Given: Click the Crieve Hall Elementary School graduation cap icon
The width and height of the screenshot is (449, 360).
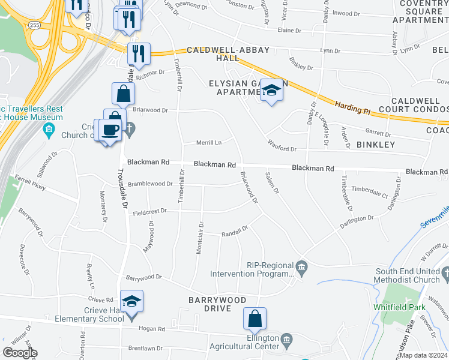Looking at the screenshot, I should pos(132,301).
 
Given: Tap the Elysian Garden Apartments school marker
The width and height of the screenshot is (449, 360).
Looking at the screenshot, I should pos(272,91).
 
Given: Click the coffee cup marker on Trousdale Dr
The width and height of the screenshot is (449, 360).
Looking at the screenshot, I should pos(110,130).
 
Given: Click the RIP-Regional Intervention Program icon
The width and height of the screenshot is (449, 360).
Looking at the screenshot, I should pos(302,266).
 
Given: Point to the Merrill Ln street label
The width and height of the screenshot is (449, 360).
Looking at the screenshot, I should pos(210,143).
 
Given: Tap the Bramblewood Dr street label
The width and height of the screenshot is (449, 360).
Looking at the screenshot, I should pos(149,184).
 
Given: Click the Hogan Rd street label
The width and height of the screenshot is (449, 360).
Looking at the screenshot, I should pos(153,329).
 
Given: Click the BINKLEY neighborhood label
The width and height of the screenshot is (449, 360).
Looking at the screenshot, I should pos(376,145).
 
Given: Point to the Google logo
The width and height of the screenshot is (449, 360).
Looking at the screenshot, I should pos(20,353).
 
